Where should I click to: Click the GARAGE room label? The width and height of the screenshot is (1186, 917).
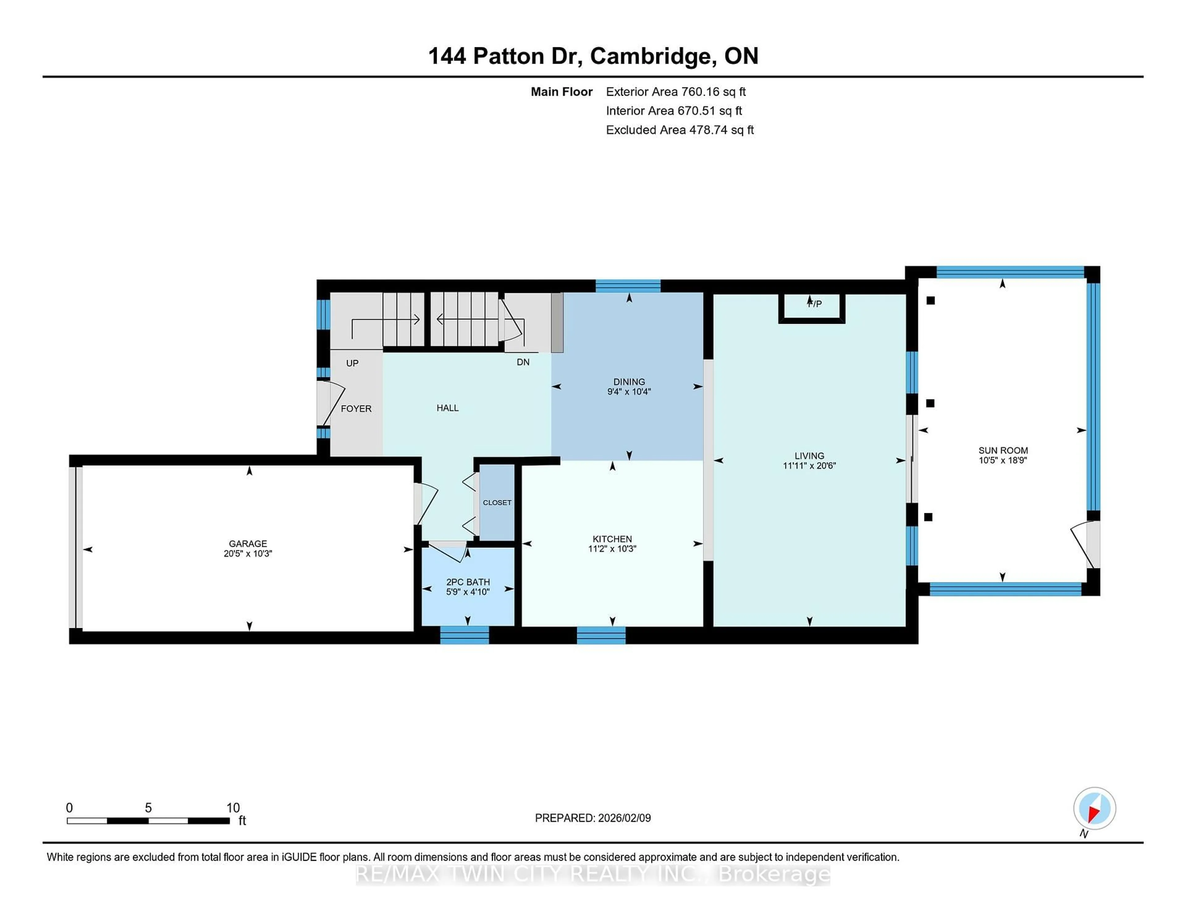pyautogui.click(x=248, y=543)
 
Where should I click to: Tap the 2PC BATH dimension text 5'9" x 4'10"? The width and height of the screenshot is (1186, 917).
pyautogui.click(x=468, y=592)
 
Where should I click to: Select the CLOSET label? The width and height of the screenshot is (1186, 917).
pyautogui.click(x=497, y=502)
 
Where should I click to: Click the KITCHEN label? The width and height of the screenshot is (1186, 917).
pyautogui.click(x=612, y=539)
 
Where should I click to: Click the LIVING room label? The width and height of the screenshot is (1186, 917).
pyautogui.click(x=809, y=456)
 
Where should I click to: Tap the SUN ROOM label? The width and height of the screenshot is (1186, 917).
pyautogui.click(x=1003, y=450)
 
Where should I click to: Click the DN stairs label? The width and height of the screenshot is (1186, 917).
pyautogui.click(x=523, y=362)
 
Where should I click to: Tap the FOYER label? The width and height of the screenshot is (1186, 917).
pyautogui.click(x=356, y=408)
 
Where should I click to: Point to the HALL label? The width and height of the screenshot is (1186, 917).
pyautogui.click(x=448, y=408)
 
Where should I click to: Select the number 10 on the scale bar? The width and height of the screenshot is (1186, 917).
pyautogui.click(x=233, y=808)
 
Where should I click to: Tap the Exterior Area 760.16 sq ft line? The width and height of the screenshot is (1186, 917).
pyautogui.click(x=675, y=92)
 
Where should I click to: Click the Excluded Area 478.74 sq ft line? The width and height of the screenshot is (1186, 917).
pyautogui.click(x=679, y=130)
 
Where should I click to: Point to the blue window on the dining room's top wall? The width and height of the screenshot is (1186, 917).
pyautogui.click(x=628, y=286)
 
